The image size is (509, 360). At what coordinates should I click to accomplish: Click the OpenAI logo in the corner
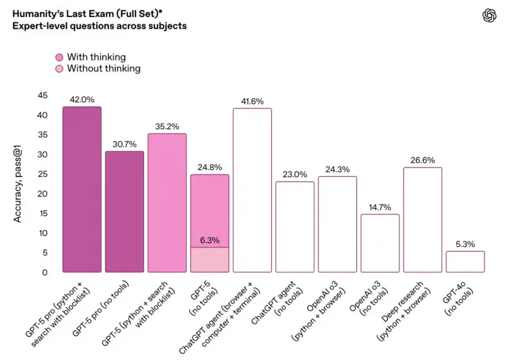(488, 17)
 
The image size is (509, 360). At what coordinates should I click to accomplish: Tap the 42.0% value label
(81, 99)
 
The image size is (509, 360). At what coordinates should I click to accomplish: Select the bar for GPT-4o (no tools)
(465, 261)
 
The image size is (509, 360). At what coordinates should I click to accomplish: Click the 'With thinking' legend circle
(59, 58)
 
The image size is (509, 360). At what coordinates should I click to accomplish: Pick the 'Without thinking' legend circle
(59, 69)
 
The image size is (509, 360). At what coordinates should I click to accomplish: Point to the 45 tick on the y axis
(42, 96)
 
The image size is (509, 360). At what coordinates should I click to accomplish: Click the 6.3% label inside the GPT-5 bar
(209, 240)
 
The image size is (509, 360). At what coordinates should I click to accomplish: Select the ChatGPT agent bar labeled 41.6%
(252, 190)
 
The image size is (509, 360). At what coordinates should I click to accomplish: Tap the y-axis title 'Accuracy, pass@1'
(18, 184)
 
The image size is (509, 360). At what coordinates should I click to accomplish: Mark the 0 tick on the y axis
(45, 272)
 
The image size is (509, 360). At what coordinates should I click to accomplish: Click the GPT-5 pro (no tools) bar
(124, 211)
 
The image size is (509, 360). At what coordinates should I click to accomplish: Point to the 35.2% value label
(167, 126)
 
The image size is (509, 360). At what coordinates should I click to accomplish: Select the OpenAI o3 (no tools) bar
(380, 243)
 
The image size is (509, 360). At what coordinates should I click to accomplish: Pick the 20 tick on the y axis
(42, 193)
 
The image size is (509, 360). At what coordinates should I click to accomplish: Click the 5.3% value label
(465, 244)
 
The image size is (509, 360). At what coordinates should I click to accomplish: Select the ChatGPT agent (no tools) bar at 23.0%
(295, 227)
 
